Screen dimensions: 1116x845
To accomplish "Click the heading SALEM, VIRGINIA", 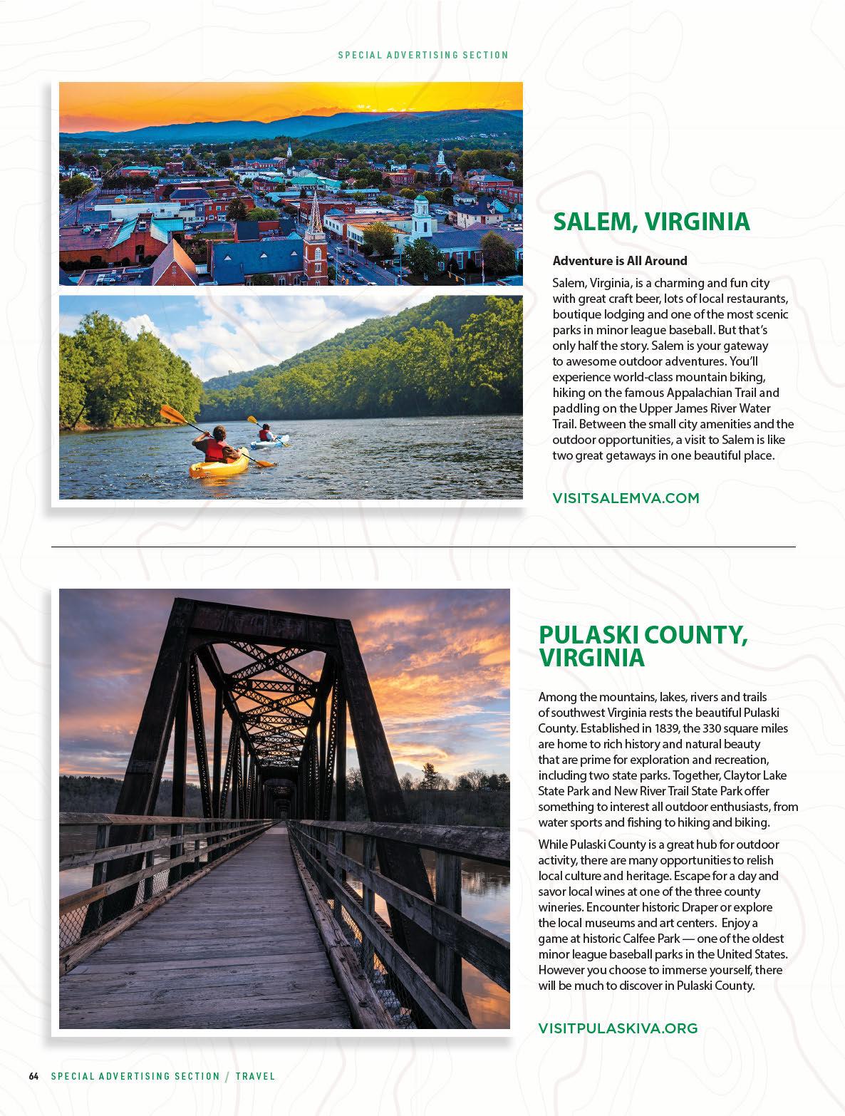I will pyautogui.click(x=651, y=222).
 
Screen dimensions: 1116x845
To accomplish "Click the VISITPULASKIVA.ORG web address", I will pyautogui.click(x=618, y=1028).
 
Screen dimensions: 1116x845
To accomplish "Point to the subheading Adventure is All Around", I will pyautogui.click(x=620, y=261).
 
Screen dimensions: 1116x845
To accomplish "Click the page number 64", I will pyautogui.click(x=33, y=1076).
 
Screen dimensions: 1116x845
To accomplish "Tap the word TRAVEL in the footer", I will pyautogui.click(x=255, y=1076).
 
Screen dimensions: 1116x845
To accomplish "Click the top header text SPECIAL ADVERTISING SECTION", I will pyautogui.click(x=423, y=55).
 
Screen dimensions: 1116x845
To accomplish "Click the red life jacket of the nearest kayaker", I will pyautogui.click(x=214, y=450).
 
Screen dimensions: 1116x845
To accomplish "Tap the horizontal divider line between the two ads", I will pyautogui.click(x=423, y=547).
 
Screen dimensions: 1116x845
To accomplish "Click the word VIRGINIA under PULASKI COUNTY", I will pyautogui.click(x=591, y=658).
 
